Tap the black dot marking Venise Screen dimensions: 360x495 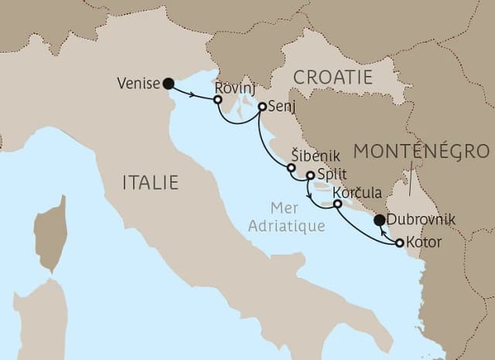[x=168, y=82]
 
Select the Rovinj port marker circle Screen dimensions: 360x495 [x=218, y=100]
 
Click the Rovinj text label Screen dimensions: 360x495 [x=232, y=87]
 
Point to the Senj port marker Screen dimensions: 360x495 [x=262, y=107]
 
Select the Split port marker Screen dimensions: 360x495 [x=310, y=176]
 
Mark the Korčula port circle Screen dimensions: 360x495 [x=337, y=204]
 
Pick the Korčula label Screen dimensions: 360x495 [x=354, y=192]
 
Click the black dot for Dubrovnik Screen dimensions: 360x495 [x=378, y=220]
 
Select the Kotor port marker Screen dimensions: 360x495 [x=399, y=243]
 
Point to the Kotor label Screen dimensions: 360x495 [x=424, y=243]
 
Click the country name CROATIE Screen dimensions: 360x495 [x=333, y=78]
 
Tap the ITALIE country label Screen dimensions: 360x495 [x=151, y=182]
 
